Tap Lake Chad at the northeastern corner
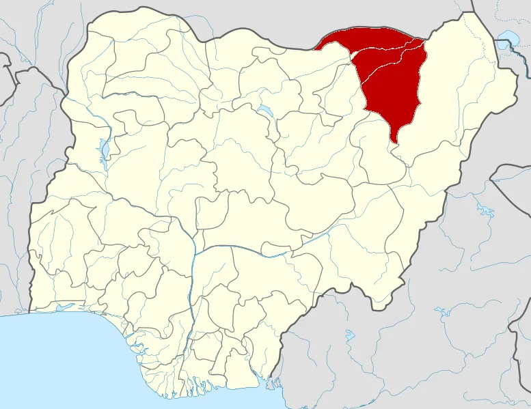pos(507,38)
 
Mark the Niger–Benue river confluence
pos(195,252)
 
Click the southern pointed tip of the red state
pos(394,141)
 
